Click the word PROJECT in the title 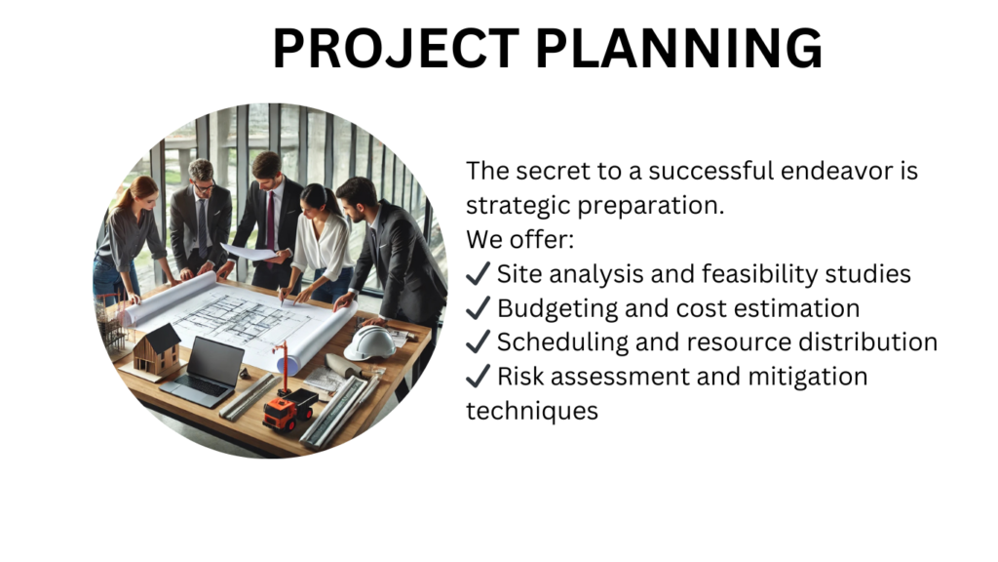point(396,49)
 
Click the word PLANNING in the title point(679,49)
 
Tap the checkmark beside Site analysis point(478,273)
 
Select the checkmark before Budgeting point(478,307)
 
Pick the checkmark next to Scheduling point(478,342)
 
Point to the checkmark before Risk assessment point(478,376)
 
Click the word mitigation point(807,377)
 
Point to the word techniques point(532,411)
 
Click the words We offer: point(520,240)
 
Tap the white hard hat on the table point(369,342)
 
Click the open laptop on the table point(204,372)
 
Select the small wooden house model point(157,351)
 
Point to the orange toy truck point(288,409)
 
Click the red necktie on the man point(271,221)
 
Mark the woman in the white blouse point(322,243)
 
